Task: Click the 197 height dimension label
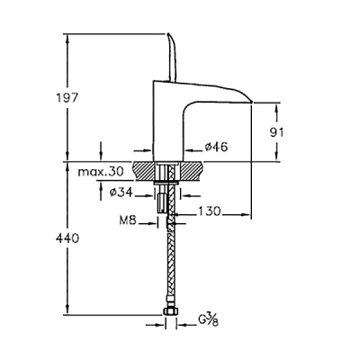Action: [67, 98]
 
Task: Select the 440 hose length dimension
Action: [67, 238]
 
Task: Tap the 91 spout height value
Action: [276, 132]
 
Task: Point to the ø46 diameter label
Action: [216, 147]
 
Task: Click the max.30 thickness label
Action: [101, 172]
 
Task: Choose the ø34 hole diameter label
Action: [121, 193]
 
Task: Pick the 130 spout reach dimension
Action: [209, 211]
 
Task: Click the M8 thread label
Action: [128, 221]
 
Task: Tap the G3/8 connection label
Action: [208, 321]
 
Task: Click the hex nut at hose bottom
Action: [171, 311]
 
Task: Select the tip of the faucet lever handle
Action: [169, 34]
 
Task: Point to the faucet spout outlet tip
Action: [251, 103]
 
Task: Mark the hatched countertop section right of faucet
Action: [192, 171]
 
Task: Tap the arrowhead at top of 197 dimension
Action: [67, 38]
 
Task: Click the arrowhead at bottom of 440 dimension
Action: [67, 310]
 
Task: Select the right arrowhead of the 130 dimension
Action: [246, 214]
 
